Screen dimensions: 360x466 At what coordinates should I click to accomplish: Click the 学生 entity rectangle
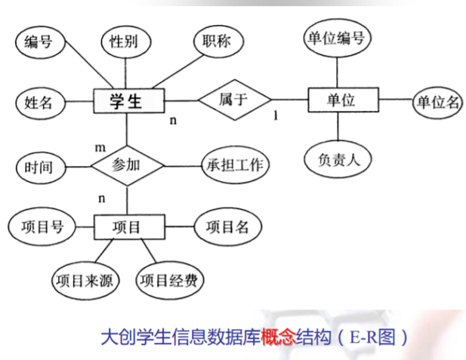[x=126, y=101]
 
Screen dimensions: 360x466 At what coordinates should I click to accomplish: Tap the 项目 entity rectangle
[x=126, y=226]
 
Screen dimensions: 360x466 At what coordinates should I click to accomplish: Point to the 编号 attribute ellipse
[x=37, y=42]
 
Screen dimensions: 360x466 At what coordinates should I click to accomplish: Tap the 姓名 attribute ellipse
[x=38, y=102]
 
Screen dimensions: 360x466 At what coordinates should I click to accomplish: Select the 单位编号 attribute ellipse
[x=337, y=38]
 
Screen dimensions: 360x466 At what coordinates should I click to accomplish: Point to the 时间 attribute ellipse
[x=38, y=166]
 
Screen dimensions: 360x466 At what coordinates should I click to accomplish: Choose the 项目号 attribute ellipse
[x=37, y=226]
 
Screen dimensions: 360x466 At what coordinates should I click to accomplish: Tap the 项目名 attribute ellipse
[x=228, y=226]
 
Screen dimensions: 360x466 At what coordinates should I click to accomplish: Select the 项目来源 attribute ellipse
[x=84, y=282]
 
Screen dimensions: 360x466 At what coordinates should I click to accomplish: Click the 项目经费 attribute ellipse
[x=169, y=282]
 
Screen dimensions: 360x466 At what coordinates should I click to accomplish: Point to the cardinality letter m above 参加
[x=99, y=145]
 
